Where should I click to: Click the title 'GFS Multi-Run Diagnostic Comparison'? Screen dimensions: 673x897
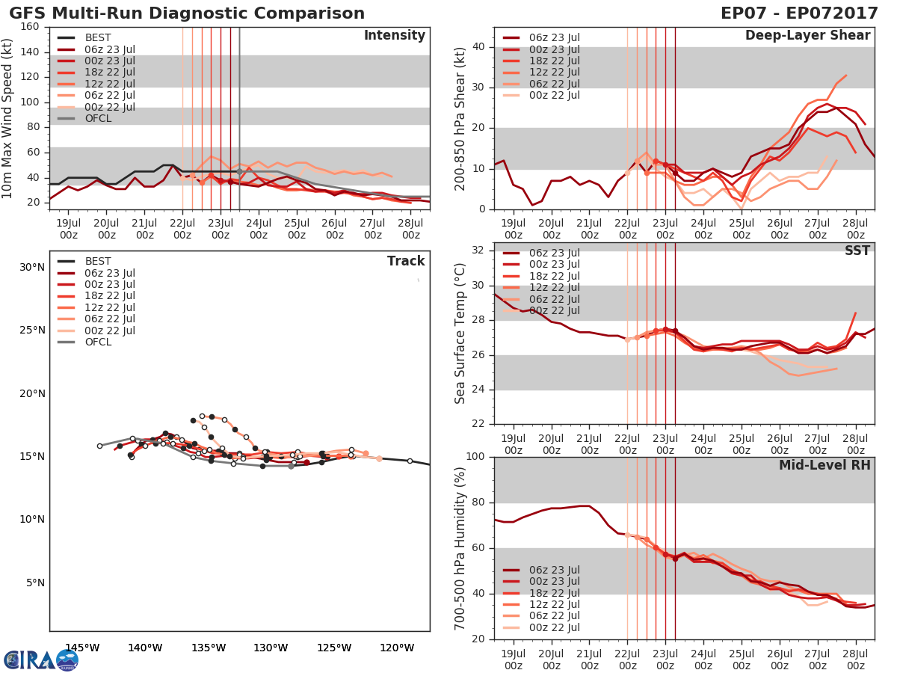coord(187,13)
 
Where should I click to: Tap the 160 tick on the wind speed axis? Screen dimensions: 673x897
coord(31,27)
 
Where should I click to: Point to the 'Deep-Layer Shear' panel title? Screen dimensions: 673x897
coord(807,36)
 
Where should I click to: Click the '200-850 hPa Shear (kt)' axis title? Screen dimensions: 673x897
coord(460,117)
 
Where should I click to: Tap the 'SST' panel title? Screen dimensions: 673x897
coord(857,251)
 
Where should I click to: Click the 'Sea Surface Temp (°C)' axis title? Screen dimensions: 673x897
coord(460,334)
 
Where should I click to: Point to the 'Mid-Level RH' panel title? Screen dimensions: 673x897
coord(824,466)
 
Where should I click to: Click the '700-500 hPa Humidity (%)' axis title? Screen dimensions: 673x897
coord(460,547)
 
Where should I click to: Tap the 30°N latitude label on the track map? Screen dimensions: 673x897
coord(32,268)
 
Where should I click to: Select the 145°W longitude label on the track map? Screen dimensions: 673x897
coord(82,648)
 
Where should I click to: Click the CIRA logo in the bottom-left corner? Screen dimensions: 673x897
coord(40,660)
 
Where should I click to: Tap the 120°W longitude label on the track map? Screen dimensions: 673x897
coord(398,648)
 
